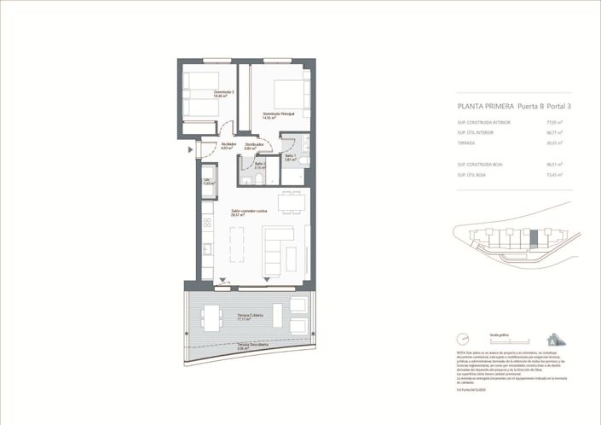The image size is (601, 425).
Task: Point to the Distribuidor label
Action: pos(254,147)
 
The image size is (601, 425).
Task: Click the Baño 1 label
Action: pos(290,157)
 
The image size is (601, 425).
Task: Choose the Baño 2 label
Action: pos(260,166)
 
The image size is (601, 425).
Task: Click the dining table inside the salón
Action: pos(290,203)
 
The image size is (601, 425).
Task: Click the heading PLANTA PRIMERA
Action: pos(485,108)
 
